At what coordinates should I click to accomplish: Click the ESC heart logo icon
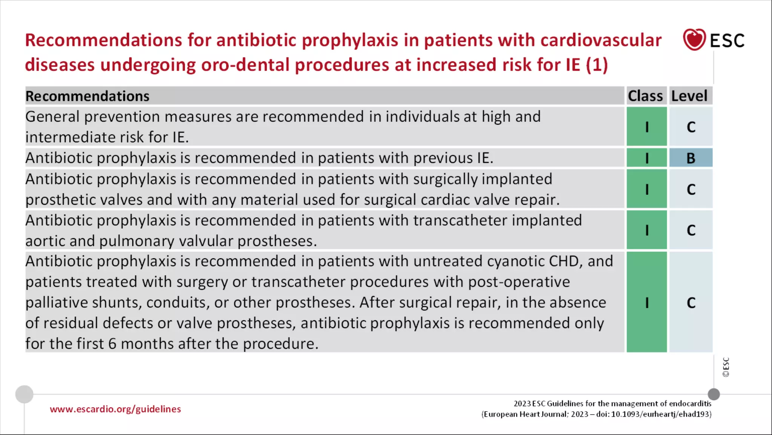(694, 40)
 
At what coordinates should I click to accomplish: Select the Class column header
(645, 96)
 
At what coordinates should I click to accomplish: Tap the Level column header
(689, 96)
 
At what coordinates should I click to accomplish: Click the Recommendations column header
(87, 96)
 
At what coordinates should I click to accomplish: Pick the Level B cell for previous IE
(691, 158)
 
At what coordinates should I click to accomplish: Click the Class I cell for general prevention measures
(646, 127)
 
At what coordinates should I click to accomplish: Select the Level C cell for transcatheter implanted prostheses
(691, 230)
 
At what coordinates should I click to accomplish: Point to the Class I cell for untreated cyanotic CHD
(646, 302)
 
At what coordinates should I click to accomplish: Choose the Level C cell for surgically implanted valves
(691, 189)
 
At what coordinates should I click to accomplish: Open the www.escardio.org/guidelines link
(115, 409)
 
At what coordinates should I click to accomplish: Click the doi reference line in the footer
(596, 414)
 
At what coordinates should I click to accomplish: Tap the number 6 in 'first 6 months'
(112, 344)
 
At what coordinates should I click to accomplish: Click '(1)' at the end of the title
(597, 65)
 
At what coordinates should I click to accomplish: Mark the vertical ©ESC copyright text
(726, 367)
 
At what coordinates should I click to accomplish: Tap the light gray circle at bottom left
(25, 394)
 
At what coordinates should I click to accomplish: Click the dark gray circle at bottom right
(714, 394)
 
